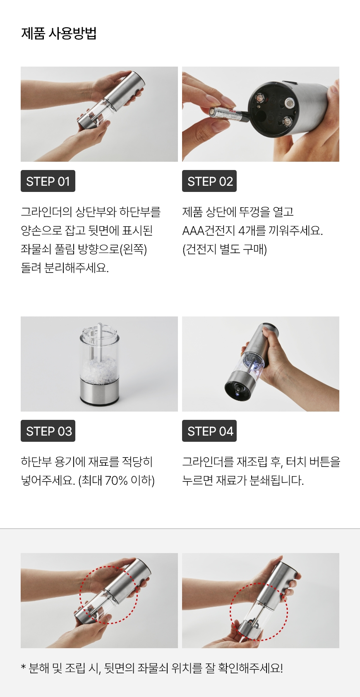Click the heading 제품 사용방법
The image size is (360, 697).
(59, 33)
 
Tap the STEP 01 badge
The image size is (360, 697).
(48, 181)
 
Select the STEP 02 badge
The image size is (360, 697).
(209, 181)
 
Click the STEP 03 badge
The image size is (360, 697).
(48, 431)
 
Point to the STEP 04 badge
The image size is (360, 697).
(209, 431)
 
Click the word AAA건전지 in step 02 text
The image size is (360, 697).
(208, 231)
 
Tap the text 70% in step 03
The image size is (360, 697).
(116, 481)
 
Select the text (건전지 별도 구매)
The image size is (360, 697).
(225, 249)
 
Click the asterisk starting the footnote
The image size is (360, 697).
(23, 666)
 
